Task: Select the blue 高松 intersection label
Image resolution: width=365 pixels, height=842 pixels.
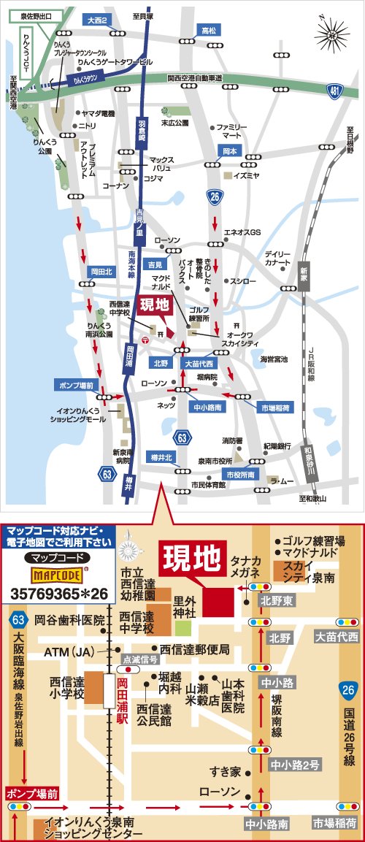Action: click(210, 30)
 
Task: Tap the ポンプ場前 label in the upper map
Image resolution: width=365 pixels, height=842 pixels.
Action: click(75, 385)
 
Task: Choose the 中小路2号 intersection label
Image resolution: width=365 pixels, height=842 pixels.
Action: click(295, 765)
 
